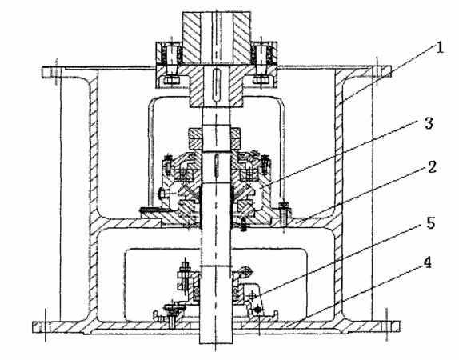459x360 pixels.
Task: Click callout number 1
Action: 440,47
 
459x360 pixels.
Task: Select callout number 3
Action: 429,123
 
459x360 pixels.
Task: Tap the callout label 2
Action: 432,167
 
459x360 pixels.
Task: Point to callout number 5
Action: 430,222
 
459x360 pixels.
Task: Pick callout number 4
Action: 427,262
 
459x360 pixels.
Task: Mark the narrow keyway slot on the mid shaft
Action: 217,166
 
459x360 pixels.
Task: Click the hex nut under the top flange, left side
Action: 170,80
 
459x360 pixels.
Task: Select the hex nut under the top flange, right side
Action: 261,80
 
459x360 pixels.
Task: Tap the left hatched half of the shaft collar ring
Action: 195,138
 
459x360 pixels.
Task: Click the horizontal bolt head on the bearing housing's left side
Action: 163,194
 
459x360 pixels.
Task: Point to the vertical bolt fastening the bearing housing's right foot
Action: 283,214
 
